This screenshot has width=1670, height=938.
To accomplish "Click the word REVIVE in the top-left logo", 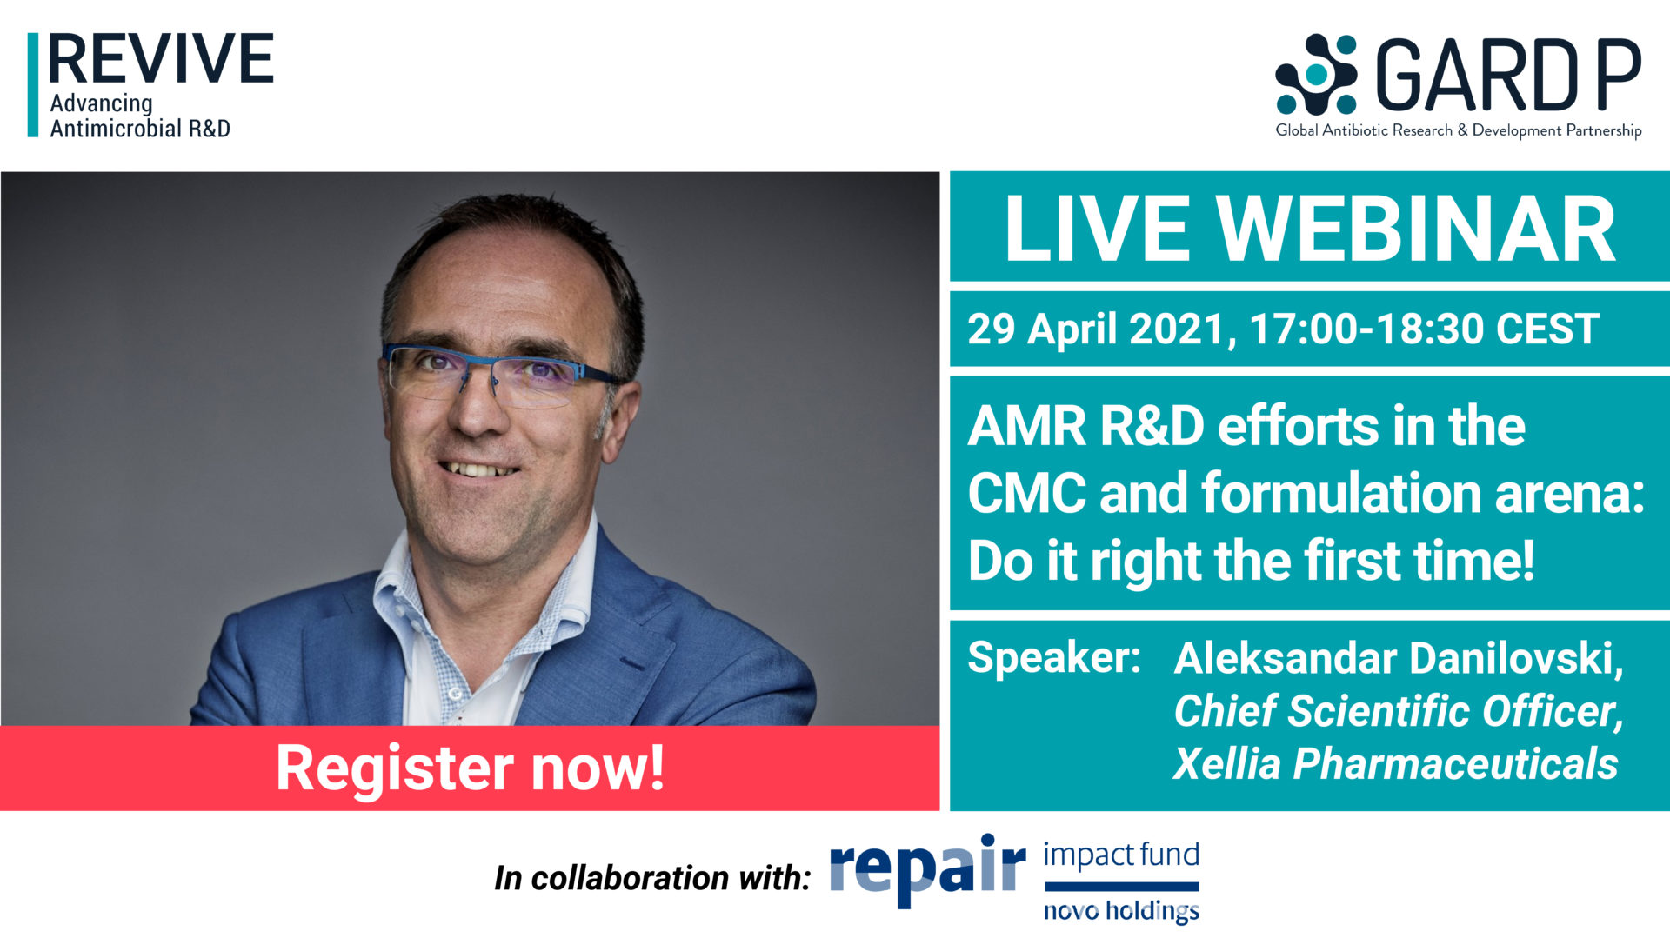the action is [x=161, y=59].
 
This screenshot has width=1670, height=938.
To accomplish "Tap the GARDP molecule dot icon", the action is [x=1316, y=75].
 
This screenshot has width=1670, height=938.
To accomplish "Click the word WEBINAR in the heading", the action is [x=1415, y=229].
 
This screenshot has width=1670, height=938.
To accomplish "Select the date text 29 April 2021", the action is [x=1097, y=329].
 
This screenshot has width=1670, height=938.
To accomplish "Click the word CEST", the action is [x=1547, y=329].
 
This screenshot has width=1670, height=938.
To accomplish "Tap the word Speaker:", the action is [x=1054, y=656].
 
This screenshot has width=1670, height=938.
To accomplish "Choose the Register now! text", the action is [x=471, y=768].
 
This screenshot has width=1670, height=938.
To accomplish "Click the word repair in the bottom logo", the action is [x=928, y=868].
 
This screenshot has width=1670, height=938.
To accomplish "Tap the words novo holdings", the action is [x=1121, y=910].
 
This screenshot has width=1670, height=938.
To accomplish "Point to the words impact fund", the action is [x=1121, y=855].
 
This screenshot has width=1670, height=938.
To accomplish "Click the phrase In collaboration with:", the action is [x=652, y=878].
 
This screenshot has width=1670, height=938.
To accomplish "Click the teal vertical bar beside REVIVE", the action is [x=33, y=85].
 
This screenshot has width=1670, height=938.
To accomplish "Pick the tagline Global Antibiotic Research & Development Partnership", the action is [x=1459, y=130].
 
